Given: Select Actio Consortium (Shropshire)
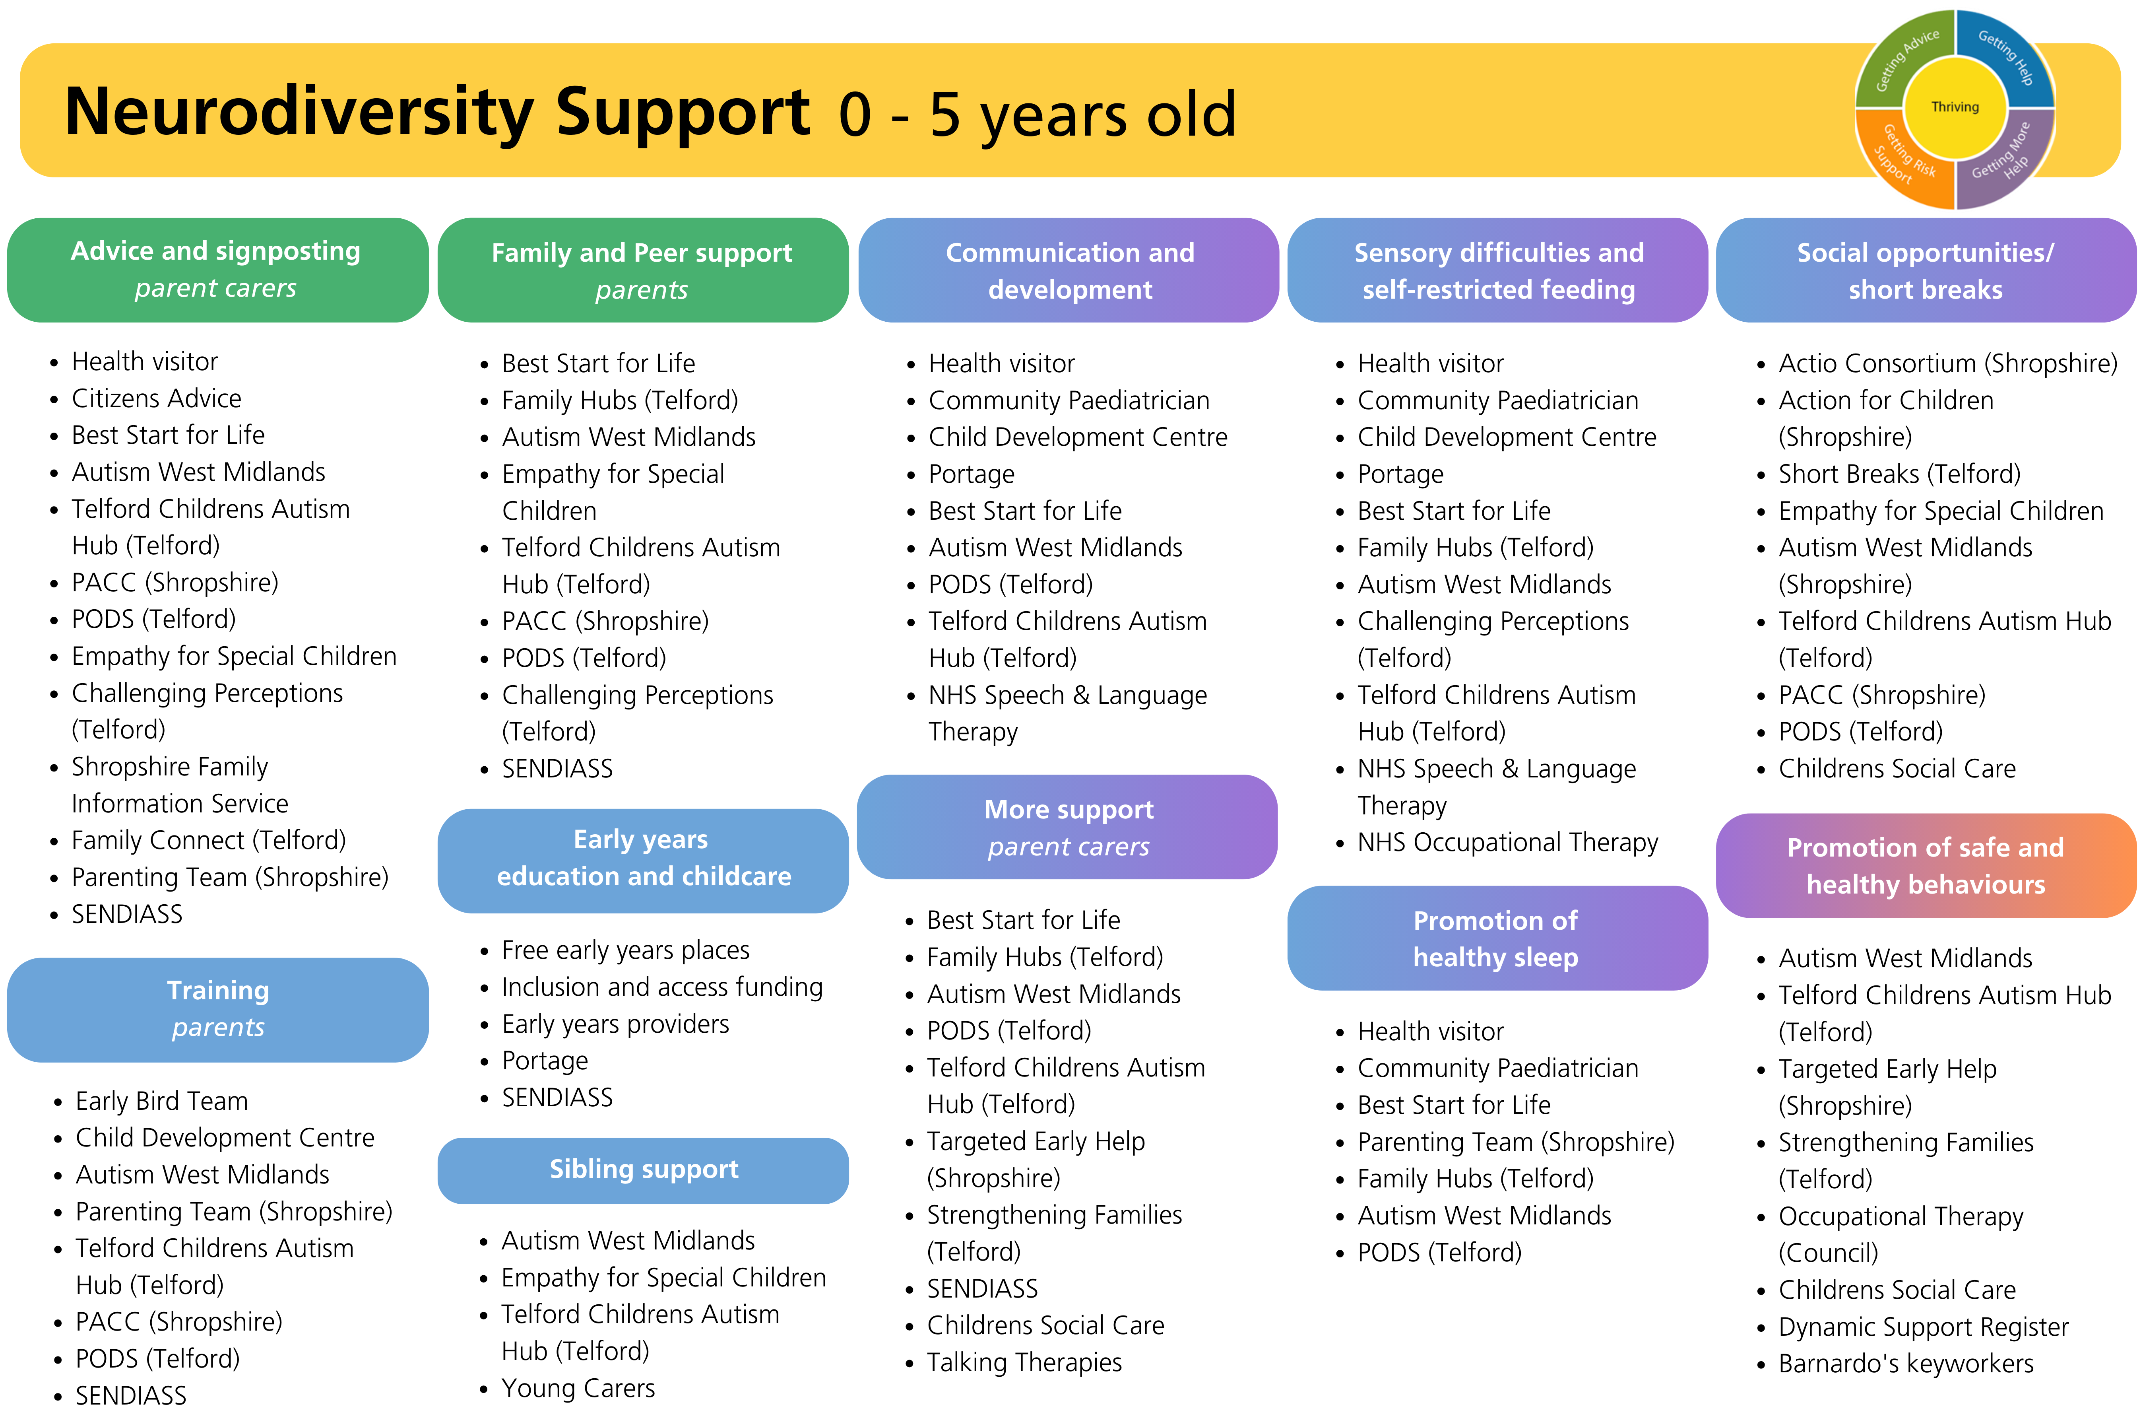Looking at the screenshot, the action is click(x=1948, y=363).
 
